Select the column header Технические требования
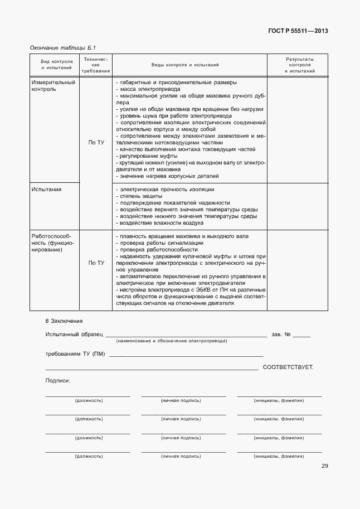click(x=95, y=65)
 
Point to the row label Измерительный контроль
click(x=53, y=85)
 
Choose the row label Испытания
click(x=47, y=190)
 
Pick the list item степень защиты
click(x=139, y=196)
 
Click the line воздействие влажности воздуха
click(x=159, y=222)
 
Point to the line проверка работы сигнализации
click(x=159, y=243)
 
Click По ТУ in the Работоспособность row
click(x=96, y=263)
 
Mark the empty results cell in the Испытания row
click(x=297, y=206)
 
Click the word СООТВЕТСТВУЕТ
click(x=288, y=367)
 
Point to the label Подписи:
click(x=57, y=380)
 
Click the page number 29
click(x=324, y=466)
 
